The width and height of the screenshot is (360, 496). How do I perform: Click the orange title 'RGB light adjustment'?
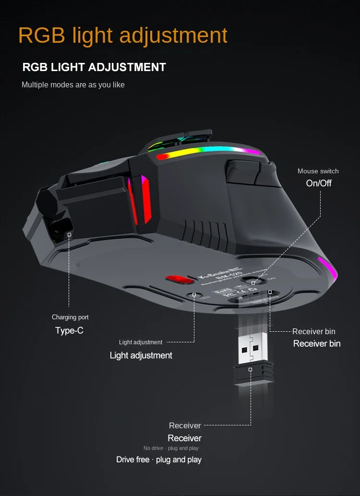pyautogui.click(x=122, y=36)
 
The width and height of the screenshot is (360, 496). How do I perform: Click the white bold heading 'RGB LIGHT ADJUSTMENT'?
pyautogui.click(x=94, y=67)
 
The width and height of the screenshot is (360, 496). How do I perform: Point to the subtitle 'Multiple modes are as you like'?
pyautogui.click(x=73, y=85)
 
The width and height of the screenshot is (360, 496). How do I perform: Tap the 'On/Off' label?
pyautogui.click(x=319, y=183)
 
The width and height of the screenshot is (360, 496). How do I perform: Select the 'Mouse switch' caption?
pyautogui.click(x=318, y=171)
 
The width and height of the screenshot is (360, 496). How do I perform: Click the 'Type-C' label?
pyautogui.click(x=69, y=330)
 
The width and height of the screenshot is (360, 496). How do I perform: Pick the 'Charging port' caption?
pyautogui.click(x=70, y=317)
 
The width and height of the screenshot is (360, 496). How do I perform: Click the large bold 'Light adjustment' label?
pyautogui.click(x=141, y=355)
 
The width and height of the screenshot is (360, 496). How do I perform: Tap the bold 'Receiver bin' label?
pyautogui.click(x=317, y=343)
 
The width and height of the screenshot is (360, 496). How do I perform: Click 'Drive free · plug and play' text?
pyautogui.click(x=159, y=460)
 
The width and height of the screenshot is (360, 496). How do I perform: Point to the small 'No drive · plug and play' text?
pyautogui.click(x=171, y=448)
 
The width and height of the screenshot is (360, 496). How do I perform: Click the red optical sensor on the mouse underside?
pyautogui.click(x=177, y=279)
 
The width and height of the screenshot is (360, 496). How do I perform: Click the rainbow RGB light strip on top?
pyautogui.click(x=206, y=153)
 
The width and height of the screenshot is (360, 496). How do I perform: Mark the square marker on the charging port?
pyautogui.click(x=69, y=235)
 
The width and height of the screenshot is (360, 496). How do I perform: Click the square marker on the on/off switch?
pyautogui.click(x=253, y=283)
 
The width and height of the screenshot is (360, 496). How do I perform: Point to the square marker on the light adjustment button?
pyautogui.click(x=194, y=294)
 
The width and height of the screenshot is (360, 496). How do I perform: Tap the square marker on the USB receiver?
pyautogui.click(x=250, y=369)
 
